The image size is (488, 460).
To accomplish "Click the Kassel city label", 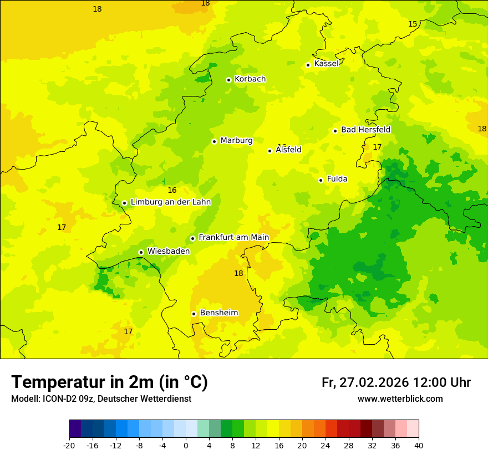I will (326, 64).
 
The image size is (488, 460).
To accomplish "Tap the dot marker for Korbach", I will (228, 80).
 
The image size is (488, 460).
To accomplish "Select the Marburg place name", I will (236, 141).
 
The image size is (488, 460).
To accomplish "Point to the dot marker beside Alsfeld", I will (270, 151).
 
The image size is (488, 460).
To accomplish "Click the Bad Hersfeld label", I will (365, 130).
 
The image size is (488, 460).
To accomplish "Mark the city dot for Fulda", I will (321, 180).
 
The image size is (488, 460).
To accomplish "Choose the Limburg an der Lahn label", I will (171, 202).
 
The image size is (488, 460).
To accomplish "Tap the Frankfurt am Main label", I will (233, 237).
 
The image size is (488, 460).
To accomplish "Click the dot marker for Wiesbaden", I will (141, 252).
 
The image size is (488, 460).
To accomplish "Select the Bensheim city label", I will (218, 313).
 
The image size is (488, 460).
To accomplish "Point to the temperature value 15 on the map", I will (413, 24).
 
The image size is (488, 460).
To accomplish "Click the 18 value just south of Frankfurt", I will (238, 273).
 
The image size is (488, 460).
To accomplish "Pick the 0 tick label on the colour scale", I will (186, 446).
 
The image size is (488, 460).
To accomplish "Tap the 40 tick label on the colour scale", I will (418, 446).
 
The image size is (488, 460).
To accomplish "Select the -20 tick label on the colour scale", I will (69, 446).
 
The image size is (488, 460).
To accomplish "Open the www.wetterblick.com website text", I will (400, 399).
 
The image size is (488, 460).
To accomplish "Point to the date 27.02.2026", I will (373, 382).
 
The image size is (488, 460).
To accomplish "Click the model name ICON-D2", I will (58, 399).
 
